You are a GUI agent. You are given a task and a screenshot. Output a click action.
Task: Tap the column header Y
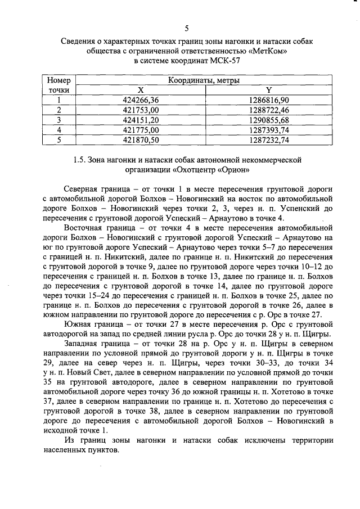coord(268,90)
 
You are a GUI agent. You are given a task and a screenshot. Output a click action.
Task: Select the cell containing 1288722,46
coord(268,110)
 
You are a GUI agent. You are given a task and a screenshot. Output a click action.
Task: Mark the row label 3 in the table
coord(58,120)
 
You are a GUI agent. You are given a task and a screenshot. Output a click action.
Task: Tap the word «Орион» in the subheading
coord(228,169)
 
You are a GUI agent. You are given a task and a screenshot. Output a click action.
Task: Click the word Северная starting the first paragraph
coord(82,190)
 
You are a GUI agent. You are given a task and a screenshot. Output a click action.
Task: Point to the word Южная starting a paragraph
coord(78,325)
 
